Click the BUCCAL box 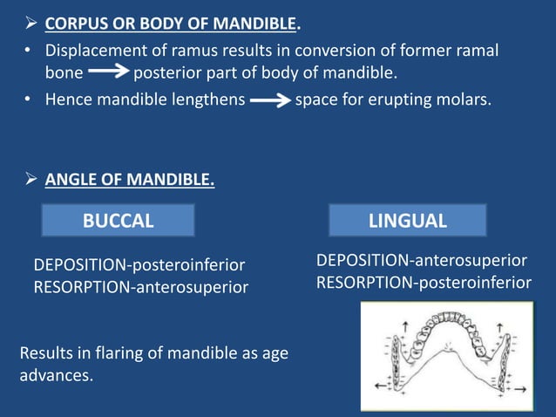click(119, 221)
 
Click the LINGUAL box click(407, 221)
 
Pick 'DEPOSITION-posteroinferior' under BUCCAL click(139, 264)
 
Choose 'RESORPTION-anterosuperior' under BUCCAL click(140, 286)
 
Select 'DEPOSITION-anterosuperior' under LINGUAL click(421, 261)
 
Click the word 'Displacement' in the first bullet click(94, 51)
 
